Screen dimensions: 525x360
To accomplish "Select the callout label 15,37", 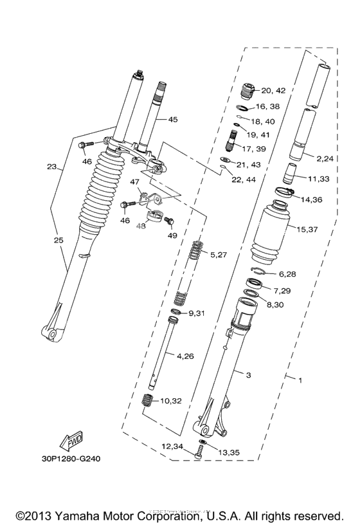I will point(307,228).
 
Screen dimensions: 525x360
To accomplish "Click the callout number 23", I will point(52,167).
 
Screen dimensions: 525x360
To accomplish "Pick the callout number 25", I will point(59,239).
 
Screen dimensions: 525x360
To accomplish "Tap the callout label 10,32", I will point(171,400).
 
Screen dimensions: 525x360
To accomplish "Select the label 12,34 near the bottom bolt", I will point(172,445).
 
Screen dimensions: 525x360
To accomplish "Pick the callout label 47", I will point(135,183).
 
